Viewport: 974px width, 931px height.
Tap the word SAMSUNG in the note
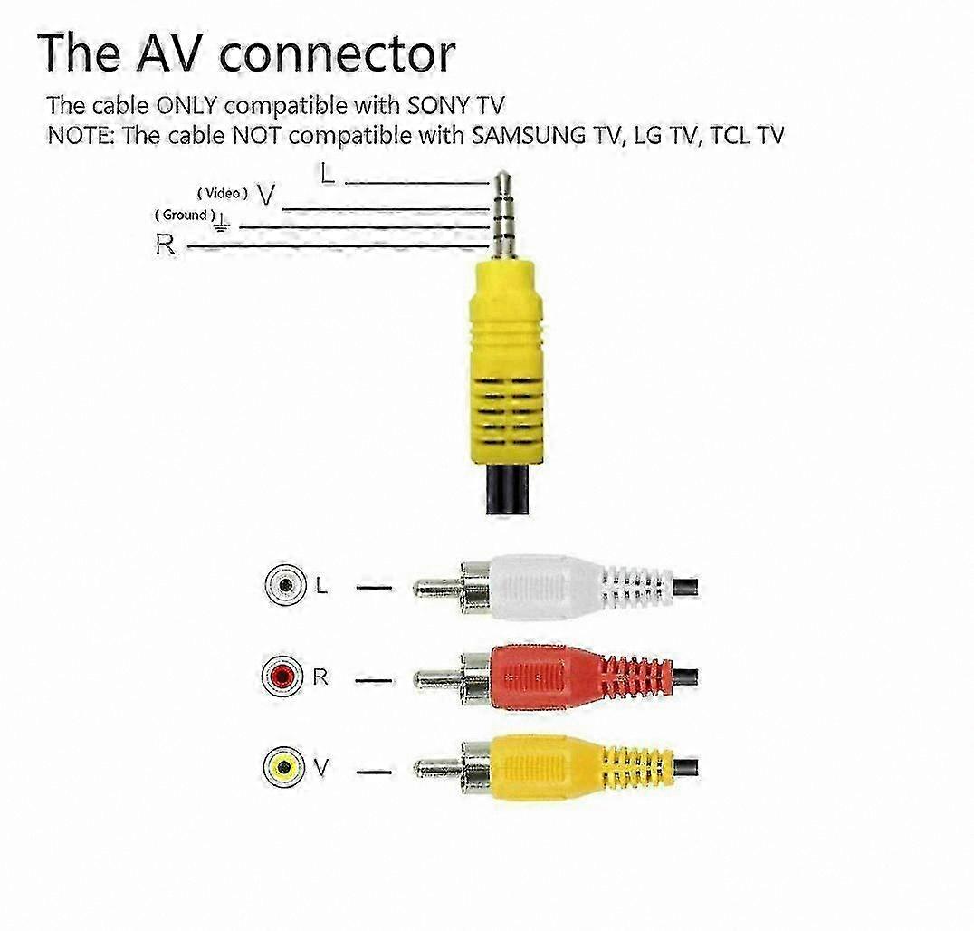point(529,135)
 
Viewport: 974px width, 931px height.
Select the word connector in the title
point(338,54)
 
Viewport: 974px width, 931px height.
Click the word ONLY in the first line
point(187,106)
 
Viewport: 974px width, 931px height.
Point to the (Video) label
point(223,193)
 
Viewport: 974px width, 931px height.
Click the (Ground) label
point(185,215)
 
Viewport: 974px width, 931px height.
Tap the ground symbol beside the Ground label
point(222,223)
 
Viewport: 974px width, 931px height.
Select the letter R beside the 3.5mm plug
point(165,245)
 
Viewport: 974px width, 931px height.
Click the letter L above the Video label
point(328,173)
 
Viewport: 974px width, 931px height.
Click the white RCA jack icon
point(286,585)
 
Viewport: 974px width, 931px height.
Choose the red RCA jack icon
point(283,676)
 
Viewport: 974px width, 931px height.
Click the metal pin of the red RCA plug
point(438,678)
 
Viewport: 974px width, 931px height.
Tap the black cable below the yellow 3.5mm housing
point(508,490)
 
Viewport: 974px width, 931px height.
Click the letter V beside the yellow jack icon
point(321,768)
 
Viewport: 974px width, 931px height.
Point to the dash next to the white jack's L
point(374,588)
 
